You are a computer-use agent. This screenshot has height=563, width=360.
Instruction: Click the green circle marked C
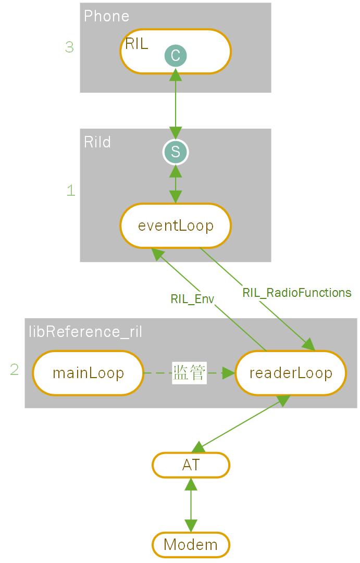[x=176, y=55]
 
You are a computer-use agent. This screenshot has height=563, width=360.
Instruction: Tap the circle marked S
[x=176, y=152]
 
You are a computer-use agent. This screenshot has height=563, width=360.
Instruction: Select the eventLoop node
[x=176, y=226]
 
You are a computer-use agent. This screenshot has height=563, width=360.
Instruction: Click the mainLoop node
[x=88, y=373]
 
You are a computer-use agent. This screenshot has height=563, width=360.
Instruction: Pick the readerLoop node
[x=291, y=373]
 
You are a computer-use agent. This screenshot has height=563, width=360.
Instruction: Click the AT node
[x=191, y=465]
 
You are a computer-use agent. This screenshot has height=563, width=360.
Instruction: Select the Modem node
[x=191, y=545]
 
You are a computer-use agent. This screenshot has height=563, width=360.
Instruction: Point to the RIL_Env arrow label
[x=192, y=299]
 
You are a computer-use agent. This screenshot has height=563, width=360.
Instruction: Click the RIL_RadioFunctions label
[x=296, y=293]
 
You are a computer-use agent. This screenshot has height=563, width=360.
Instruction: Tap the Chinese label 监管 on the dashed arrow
[x=189, y=373]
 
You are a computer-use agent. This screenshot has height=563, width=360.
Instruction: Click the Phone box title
[x=106, y=16]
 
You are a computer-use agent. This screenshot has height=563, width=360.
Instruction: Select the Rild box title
[x=97, y=142]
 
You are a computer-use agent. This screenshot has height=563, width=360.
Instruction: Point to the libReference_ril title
[x=85, y=332]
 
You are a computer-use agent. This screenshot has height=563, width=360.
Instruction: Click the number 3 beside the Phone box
[x=69, y=47]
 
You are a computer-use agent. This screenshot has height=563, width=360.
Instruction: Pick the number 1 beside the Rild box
[x=71, y=191]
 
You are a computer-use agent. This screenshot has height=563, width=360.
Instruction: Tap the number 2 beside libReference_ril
[x=15, y=370]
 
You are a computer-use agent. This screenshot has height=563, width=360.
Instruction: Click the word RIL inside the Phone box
[x=136, y=44]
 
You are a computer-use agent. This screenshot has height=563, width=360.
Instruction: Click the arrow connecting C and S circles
[x=176, y=104]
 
